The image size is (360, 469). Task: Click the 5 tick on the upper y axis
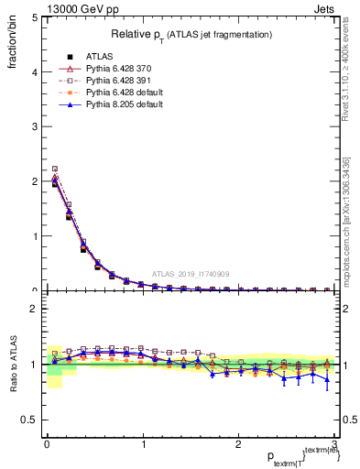(x=34, y=17)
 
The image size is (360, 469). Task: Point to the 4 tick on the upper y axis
(x=34, y=71)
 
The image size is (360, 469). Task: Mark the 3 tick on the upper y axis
(x=34, y=126)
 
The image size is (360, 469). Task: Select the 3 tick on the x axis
(x=336, y=443)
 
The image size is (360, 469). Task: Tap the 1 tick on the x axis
(x=143, y=443)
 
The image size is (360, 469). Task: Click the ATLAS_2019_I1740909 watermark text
(x=191, y=274)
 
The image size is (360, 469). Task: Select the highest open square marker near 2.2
(x=55, y=169)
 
